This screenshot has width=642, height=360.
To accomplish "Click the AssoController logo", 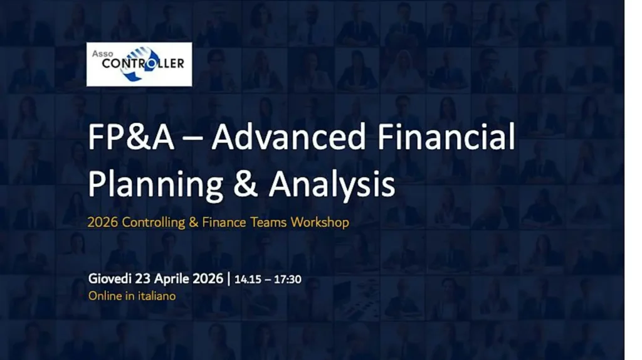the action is [139, 65].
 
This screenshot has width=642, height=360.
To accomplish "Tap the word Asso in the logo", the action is [102, 54].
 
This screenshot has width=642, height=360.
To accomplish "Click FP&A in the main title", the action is [131, 137].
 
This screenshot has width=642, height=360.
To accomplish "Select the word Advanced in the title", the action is [288, 137].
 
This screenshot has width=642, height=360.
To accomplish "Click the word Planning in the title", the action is [155, 184].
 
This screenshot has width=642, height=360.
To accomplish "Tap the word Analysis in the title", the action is [332, 184].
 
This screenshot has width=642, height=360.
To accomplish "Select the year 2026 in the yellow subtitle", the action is [103, 223].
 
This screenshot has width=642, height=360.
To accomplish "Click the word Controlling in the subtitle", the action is [154, 223].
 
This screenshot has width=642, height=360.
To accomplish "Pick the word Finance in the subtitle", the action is [224, 223].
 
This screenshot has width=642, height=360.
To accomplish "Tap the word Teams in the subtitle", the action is [268, 223].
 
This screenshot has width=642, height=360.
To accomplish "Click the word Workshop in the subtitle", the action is [320, 223].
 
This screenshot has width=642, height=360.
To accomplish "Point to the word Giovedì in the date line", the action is [110, 278].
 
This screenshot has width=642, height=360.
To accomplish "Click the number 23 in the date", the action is [143, 278].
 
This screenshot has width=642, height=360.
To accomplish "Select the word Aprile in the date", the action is [172, 279].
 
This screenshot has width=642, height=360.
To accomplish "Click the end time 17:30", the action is [287, 279].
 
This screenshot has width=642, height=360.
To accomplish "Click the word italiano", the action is [157, 295].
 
